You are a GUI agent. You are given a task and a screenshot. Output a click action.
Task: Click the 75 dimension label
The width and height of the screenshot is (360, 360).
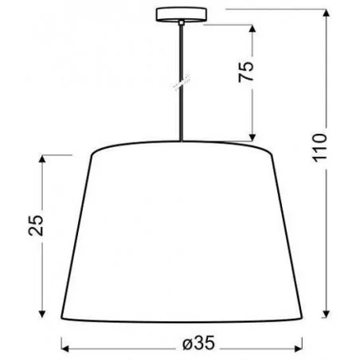click(248, 73)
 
